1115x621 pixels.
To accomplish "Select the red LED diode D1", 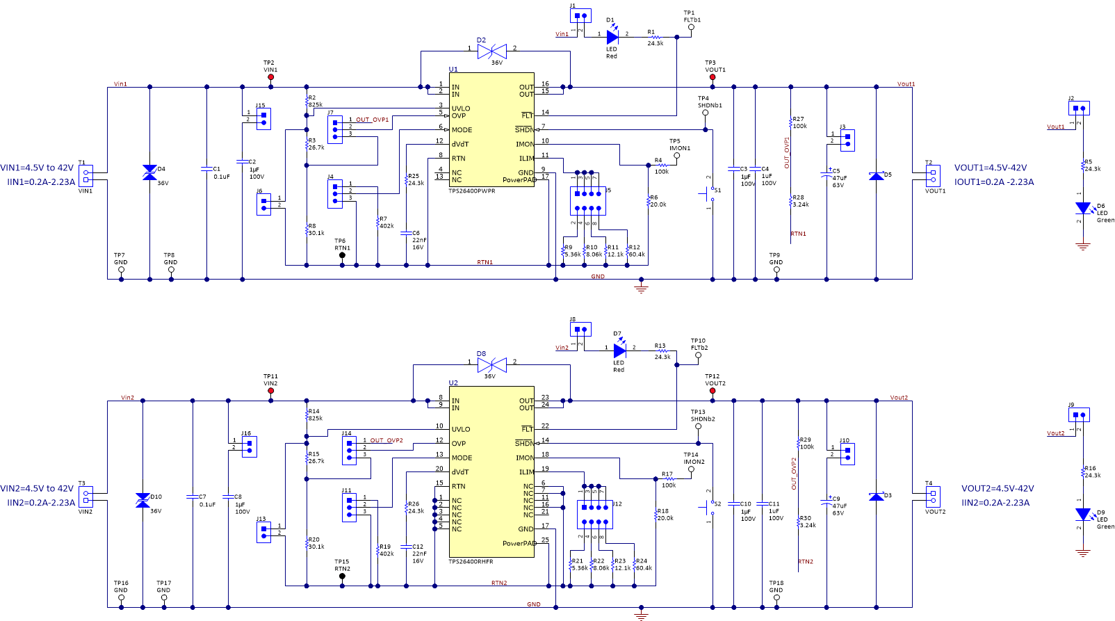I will [612, 37].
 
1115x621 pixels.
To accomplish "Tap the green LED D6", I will [1082, 208].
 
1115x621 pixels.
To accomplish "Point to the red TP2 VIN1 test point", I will [270, 78].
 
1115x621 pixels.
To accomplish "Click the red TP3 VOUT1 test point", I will [712, 78].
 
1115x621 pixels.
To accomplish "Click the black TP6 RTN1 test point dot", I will [342, 255].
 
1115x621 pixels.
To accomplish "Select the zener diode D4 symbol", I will [149, 172].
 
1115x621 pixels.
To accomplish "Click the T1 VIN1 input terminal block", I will [86, 176].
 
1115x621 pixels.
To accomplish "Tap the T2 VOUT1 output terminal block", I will [933, 176].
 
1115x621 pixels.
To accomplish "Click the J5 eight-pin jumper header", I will [587, 201].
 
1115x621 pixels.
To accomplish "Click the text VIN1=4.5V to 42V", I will [37, 168].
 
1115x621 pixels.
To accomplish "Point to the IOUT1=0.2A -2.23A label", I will [993, 182].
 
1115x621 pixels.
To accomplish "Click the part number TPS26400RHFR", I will [471, 561].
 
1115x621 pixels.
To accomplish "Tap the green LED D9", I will [1082, 515].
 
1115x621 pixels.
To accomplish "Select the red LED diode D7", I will [619, 351].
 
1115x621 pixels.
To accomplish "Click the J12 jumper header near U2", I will [595, 514].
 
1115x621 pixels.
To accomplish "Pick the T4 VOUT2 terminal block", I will [933, 497].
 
